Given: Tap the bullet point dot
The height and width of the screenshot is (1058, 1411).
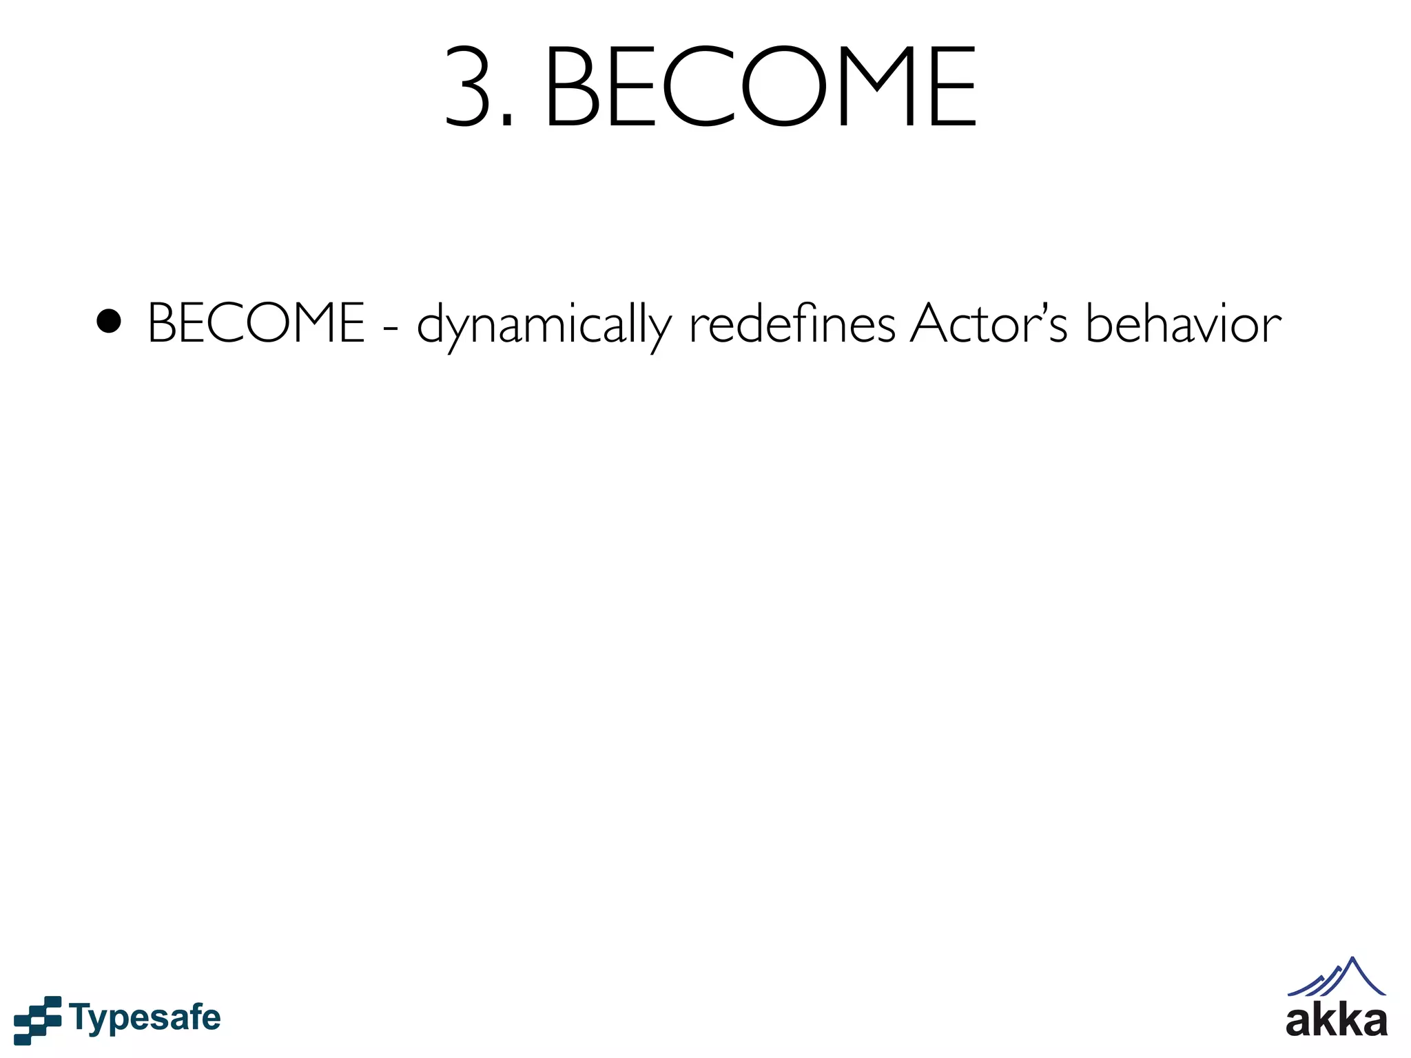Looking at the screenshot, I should [x=109, y=321].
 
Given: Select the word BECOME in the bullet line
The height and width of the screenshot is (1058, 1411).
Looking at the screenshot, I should [x=256, y=323].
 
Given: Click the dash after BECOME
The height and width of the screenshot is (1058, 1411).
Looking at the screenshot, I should [x=391, y=327].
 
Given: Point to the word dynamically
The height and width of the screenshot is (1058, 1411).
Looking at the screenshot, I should [x=544, y=325].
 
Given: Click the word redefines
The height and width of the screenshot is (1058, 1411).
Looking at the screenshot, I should [x=792, y=323].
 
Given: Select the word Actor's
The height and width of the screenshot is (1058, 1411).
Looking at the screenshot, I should [x=989, y=323].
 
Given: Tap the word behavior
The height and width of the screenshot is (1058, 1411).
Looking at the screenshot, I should [x=1183, y=323].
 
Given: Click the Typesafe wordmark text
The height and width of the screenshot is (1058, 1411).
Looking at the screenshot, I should [x=145, y=1018].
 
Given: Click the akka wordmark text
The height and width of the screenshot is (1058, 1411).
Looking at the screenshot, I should [x=1336, y=1021].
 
